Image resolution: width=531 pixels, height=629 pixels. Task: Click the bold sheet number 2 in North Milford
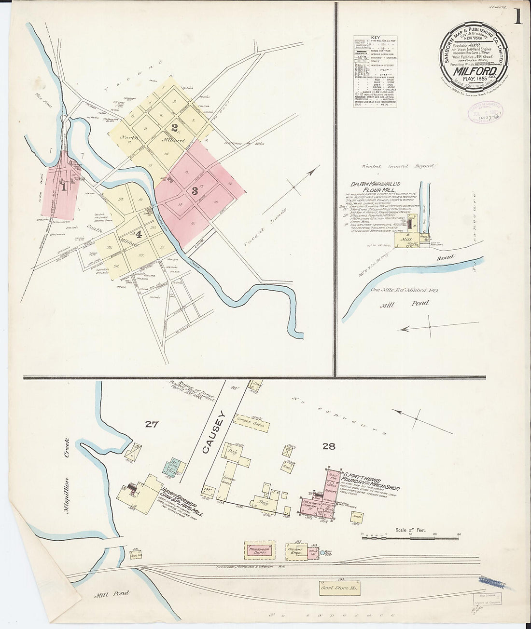tap(174, 128)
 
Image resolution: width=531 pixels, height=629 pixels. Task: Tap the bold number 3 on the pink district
tap(195, 190)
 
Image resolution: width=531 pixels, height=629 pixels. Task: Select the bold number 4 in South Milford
tap(139, 235)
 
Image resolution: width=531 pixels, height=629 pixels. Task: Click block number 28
tap(329, 446)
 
